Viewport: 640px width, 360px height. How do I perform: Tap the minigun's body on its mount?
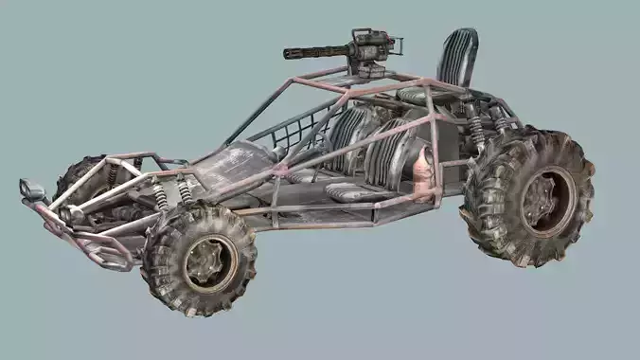pyautogui.click(x=370, y=46)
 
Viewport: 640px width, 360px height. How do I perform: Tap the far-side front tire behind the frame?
pyautogui.click(x=79, y=178)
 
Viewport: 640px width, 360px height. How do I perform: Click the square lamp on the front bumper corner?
pyautogui.click(x=32, y=189)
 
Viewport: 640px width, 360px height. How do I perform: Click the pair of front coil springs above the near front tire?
pyautogui.click(x=172, y=193)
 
